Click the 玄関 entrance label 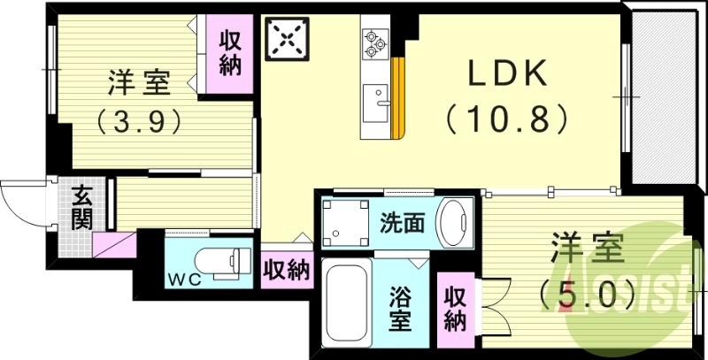click(x=82, y=207)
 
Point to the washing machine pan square click(x=345, y=221)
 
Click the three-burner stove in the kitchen click(x=373, y=42)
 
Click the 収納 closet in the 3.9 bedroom click(x=230, y=53)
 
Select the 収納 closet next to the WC click(x=286, y=269)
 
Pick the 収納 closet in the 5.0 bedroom click(x=455, y=310)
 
